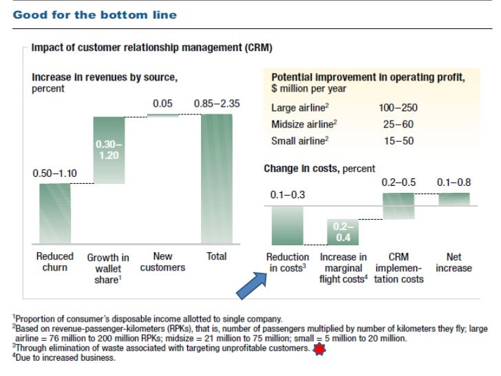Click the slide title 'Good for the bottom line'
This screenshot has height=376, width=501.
(x=94, y=14)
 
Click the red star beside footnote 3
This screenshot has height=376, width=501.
(x=318, y=349)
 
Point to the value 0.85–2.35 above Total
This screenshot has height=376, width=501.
(x=217, y=104)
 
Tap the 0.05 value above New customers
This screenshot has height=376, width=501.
(x=163, y=104)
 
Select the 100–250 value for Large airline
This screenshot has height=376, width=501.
(x=398, y=108)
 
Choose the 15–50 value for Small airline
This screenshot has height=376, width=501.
(x=398, y=141)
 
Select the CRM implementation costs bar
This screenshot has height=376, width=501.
(x=398, y=206)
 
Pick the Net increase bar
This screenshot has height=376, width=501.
(x=454, y=199)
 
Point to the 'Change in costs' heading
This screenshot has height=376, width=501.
(x=319, y=168)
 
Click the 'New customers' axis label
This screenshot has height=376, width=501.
(x=163, y=262)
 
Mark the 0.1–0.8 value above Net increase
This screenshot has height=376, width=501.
(x=454, y=182)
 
